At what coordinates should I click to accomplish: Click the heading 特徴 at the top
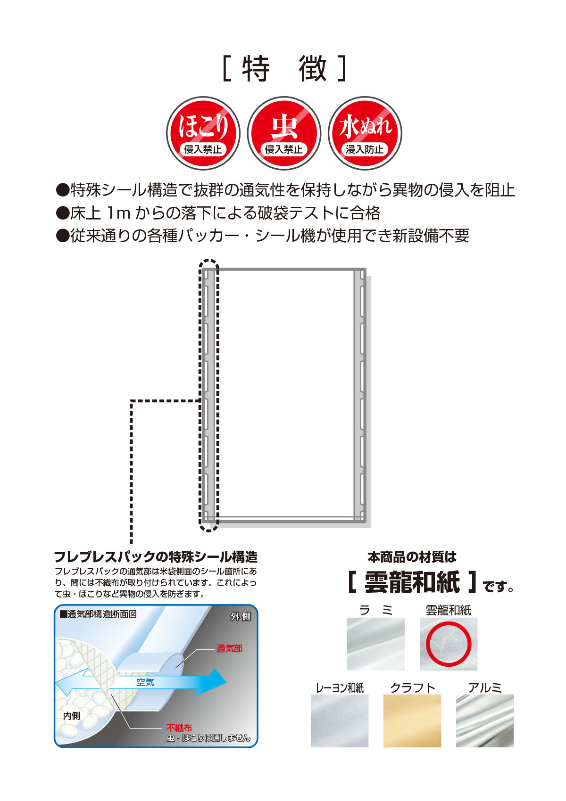(x=284, y=69)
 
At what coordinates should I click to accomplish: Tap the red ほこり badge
(x=203, y=133)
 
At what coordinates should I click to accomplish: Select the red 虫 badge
(x=284, y=133)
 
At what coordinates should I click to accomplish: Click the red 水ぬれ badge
(x=365, y=133)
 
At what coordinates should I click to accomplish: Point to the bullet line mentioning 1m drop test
(x=218, y=213)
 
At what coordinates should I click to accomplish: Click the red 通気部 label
(x=229, y=649)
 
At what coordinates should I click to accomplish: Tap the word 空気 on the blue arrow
(x=145, y=682)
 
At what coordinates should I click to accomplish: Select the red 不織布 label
(x=179, y=728)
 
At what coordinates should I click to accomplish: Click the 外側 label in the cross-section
(x=241, y=617)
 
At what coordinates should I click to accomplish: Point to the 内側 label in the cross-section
(x=72, y=716)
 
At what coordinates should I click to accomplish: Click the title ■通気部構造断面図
(x=98, y=614)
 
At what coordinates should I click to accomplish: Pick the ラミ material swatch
(x=376, y=644)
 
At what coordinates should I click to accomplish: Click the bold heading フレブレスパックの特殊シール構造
(x=156, y=557)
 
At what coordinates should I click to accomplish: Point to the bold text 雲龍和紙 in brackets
(x=412, y=582)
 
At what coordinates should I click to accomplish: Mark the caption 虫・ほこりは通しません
(x=208, y=738)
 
